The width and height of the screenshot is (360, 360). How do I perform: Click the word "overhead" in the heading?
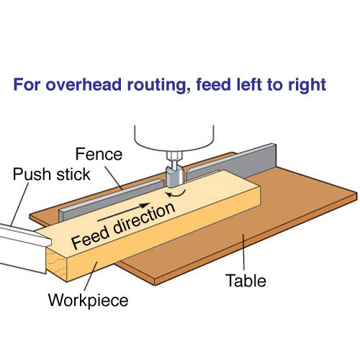84,84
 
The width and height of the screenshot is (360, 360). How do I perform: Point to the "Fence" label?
99,154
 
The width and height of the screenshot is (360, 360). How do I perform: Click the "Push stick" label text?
51,174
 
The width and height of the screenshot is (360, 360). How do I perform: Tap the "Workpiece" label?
89,300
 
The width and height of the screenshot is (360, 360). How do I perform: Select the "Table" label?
246,280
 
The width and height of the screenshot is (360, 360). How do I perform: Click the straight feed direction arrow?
124,212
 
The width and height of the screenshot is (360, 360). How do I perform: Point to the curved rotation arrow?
177,194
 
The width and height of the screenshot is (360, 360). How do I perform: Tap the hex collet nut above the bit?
175,156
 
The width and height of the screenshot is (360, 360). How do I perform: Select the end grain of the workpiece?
57,263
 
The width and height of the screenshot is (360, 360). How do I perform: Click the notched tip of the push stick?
47,241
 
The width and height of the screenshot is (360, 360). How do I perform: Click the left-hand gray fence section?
110,200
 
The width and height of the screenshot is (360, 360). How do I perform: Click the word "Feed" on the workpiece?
91,238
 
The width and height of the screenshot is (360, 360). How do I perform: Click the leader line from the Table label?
243,253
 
